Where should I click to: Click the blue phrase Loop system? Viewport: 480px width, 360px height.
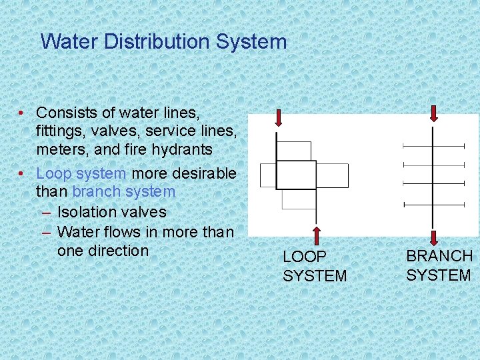coord(81,173)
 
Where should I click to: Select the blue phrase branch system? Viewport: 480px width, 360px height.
coord(124,192)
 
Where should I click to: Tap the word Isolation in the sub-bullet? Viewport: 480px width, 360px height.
coord(86,212)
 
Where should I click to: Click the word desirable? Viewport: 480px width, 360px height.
coord(204,173)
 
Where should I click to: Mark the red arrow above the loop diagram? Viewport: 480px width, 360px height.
coord(278,118)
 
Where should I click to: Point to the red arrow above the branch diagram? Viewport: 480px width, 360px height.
coord(434,113)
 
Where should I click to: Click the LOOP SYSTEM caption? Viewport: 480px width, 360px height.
coord(315,266)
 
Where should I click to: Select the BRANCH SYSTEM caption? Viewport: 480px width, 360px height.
coord(439,265)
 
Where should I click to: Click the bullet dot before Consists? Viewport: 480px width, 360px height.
coord(23,113)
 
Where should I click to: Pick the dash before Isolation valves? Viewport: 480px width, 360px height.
coord(46,212)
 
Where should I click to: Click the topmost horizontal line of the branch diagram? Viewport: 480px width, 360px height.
coord(433,145)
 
